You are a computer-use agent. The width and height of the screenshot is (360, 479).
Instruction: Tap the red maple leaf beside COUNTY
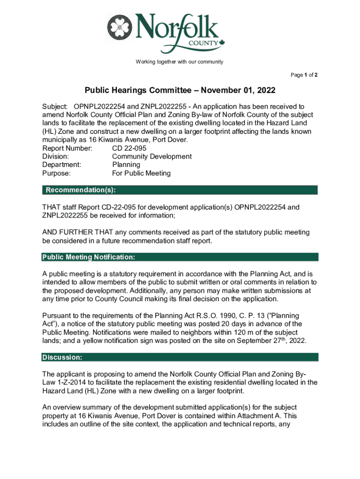[x=222, y=43]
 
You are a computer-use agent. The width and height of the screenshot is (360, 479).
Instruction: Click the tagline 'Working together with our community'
[x=180, y=62]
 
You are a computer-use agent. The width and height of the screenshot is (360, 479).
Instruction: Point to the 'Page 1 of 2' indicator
[x=304, y=75]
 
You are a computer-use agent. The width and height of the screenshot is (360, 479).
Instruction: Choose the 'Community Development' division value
[x=152, y=157]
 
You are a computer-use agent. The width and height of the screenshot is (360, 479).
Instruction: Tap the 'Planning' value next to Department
[x=126, y=165]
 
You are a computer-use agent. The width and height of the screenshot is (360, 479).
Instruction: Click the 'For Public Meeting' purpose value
[x=141, y=173]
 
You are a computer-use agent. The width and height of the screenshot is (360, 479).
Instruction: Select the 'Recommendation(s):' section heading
[x=80, y=190]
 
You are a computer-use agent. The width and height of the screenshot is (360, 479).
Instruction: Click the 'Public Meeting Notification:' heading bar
[x=89, y=257]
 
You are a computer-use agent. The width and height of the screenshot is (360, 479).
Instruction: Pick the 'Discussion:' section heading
[x=63, y=357]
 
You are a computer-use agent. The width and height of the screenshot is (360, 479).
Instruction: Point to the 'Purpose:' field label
[x=56, y=173]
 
